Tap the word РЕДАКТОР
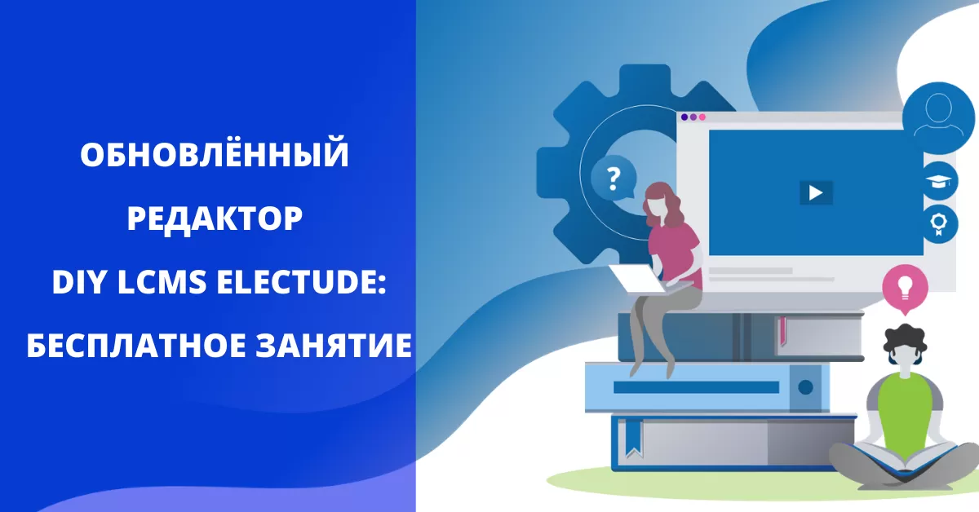click(x=215, y=218)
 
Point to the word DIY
click(x=80, y=282)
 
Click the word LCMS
click(x=162, y=282)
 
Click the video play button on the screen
click(x=816, y=192)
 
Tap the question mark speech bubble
click(x=614, y=178)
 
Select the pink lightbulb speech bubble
click(x=905, y=289)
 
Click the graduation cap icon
click(x=939, y=181)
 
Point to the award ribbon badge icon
click(x=939, y=224)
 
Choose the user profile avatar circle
click(x=939, y=118)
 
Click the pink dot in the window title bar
click(x=702, y=117)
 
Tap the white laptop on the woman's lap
click(x=638, y=279)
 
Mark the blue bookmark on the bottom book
click(x=634, y=438)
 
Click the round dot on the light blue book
click(x=805, y=387)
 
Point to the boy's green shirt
click(x=904, y=412)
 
